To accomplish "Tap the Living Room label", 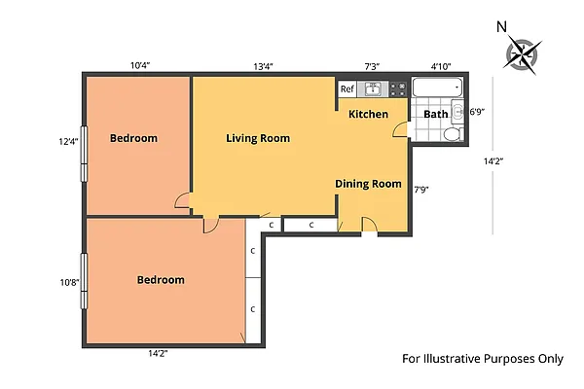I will [258, 138].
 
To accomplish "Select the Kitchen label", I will [368, 115].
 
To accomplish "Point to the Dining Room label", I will [368, 184].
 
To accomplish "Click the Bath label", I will [435, 114].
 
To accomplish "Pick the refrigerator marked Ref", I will [347, 89].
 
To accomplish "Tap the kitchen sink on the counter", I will [372, 89].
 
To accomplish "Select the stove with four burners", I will [397, 89].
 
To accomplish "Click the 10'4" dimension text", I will [140, 65].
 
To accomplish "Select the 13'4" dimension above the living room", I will [263, 66].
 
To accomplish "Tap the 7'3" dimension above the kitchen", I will [372, 66].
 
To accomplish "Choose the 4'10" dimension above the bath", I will [440, 66].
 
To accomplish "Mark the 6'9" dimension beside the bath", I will [477, 112].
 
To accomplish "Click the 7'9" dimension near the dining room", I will [421, 189].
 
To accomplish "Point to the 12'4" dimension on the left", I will [68, 142].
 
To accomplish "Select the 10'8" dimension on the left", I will [68, 282].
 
